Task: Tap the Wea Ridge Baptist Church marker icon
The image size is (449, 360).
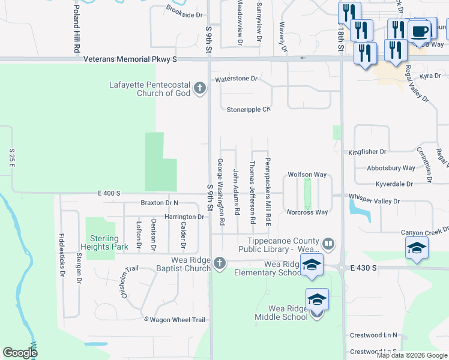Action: (220, 263)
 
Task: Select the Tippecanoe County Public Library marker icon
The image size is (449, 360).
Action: (328, 244)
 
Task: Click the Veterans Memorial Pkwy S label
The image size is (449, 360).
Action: (130, 59)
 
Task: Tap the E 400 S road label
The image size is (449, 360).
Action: (110, 193)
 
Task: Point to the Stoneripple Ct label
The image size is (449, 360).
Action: (249, 110)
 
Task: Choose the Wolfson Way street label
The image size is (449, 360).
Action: (307, 175)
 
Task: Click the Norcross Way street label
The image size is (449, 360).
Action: (307, 212)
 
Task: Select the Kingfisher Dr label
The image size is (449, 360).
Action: (367, 153)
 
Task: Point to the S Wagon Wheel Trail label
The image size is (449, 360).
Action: (175, 320)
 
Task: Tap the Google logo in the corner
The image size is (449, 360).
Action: (20, 352)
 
